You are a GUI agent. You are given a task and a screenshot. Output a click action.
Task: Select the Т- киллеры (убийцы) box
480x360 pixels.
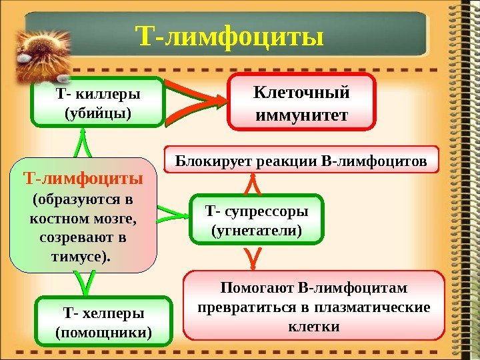tap(97, 101)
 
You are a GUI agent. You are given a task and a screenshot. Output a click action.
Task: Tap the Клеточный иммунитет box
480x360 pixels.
tap(301, 103)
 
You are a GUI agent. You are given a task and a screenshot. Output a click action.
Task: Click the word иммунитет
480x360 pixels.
tap(301, 115)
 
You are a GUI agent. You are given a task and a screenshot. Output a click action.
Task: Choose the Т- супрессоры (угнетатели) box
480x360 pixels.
tap(256, 219)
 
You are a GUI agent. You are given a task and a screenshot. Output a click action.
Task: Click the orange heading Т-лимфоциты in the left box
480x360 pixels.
tap(83, 179)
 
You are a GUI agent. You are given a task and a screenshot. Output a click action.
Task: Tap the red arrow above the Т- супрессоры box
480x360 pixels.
tap(253, 182)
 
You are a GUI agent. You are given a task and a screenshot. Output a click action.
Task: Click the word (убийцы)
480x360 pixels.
tap(97, 113)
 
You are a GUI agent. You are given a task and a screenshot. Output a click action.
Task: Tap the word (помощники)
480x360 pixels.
tap(103, 331)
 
